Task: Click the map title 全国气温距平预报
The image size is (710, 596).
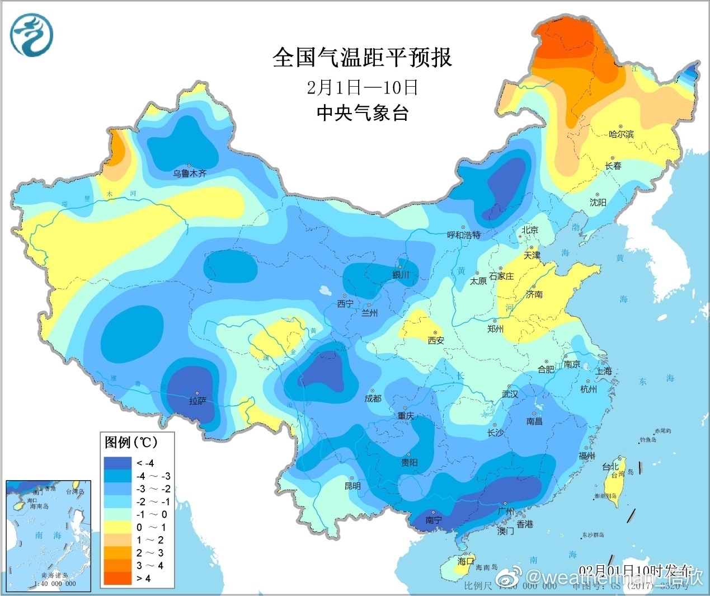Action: click(x=362, y=58)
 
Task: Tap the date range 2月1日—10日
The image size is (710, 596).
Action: click(x=362, y=87)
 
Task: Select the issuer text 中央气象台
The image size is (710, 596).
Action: click(x=362, y=113)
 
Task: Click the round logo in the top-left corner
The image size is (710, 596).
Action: click(x=31, y=35)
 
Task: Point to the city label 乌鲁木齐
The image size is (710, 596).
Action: click(x=189, y=173)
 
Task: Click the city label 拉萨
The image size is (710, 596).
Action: click(x=198, y=401)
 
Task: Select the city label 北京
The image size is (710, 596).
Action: click(x=529, y=230)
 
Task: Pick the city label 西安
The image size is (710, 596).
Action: click(x=436, y=340)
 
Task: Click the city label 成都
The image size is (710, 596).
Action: click(x=373, y=398)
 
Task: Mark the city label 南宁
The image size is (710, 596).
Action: click(x=434, y=520)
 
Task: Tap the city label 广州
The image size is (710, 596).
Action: click(x=505, y=511)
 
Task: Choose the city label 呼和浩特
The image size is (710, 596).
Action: click(x=463, y=235)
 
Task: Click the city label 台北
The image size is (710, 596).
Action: click(x=610, y=467)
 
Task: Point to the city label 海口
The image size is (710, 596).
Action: click(x=465, y=561)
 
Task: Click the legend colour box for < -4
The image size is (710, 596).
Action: click(x=117, y=463)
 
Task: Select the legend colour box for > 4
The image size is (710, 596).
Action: click(x=117, y=578)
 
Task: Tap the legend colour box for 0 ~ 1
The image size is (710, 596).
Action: click(x=117, y=527)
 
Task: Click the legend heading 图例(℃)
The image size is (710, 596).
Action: click(x=131, y=443)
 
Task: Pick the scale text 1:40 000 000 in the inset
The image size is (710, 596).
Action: click(x=54, y=584)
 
